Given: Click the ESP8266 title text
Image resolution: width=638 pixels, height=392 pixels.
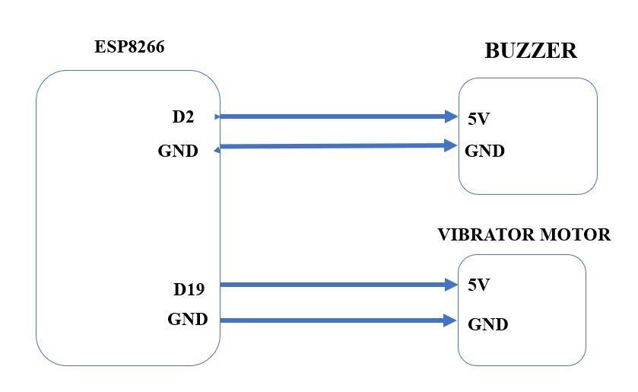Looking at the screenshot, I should pos(129,46).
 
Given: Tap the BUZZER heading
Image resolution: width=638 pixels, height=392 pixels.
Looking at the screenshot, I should pos(530,51).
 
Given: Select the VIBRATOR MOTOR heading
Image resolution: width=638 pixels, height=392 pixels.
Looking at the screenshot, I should pos(523,235).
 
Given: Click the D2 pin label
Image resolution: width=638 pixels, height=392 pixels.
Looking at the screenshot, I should pos(183,117).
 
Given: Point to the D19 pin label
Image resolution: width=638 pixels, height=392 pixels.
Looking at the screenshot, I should pos(189,289).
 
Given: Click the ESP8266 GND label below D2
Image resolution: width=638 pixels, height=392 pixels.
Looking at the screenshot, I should pos(178,151).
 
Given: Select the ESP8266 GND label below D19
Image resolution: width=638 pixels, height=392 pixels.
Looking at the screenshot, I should pos(187,320).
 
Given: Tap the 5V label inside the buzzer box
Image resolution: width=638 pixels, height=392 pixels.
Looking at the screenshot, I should pos(478,119).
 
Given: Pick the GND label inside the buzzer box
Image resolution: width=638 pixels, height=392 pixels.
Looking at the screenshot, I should pos(484,151).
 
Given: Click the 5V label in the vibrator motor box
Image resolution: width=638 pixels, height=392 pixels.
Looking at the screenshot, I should pos(478,285).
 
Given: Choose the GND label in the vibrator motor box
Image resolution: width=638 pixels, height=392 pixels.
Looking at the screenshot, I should pos(487,325).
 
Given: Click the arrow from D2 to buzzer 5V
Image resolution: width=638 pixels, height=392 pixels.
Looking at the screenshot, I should pos(335,116).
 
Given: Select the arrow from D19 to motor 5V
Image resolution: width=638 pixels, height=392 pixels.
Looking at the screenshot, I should pos(335,285).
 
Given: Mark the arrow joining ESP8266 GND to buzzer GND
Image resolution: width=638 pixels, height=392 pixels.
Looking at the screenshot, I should pos(335,145).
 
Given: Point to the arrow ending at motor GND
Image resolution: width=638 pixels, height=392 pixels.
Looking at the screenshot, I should pos(335,320).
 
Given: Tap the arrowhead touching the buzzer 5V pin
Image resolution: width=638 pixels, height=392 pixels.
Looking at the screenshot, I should pos(451,116).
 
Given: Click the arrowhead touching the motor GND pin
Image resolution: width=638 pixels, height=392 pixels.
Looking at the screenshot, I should pos(450,320).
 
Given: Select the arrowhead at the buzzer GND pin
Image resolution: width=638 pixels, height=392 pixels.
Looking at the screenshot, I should pos(450,145).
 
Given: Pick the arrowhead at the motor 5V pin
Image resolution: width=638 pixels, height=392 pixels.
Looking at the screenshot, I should pos(451,285).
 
